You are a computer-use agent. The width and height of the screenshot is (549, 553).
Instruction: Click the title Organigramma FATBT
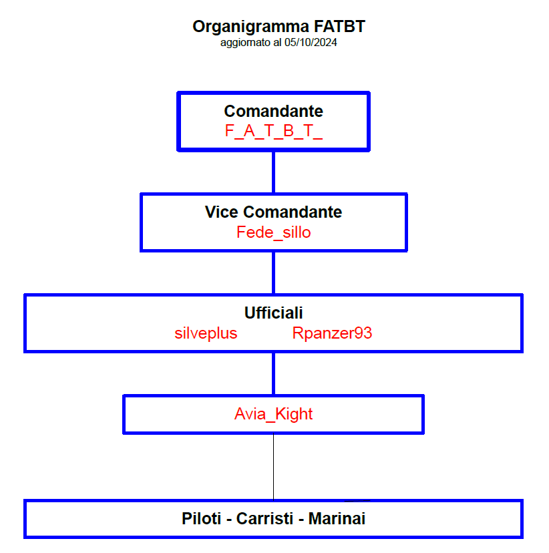(x=279, y=27)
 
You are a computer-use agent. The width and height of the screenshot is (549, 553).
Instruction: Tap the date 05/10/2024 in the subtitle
(x=311, y=43)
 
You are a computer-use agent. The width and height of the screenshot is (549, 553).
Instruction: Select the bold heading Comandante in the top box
(x=274, y=111)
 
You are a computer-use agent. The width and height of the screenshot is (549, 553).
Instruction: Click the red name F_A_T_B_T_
(x=274, y=131)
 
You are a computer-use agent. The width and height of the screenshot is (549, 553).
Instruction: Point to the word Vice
(x=222, y=212)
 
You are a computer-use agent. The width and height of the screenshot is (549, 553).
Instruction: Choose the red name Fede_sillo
(x=274, y=232)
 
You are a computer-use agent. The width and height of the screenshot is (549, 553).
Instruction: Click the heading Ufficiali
(x=274, y=313)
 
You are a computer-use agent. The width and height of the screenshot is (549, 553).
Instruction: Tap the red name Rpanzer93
(x=332, y=333)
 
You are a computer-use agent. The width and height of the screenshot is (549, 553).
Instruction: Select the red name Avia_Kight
(x=274, y=414)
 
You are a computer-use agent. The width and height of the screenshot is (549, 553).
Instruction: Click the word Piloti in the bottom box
(x=201, y=519)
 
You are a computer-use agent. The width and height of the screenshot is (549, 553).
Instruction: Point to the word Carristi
(x=264, y=519)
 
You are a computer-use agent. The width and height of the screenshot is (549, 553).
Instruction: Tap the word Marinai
(x=337, y=519)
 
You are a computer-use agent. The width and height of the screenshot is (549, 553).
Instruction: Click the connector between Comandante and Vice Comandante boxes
(x=274, y=172)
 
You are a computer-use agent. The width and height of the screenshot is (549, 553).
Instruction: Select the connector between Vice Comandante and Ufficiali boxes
(x=274, y=273)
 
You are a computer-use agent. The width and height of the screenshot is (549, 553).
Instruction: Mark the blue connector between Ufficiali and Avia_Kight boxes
(x=274, y=374)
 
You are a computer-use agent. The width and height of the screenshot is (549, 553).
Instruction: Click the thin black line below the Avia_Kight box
(x=274, y=467)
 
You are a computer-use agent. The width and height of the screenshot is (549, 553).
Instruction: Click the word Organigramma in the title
(x=250, y=27)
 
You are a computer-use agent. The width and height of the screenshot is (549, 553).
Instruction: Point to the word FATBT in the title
(x=339, y=27)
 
